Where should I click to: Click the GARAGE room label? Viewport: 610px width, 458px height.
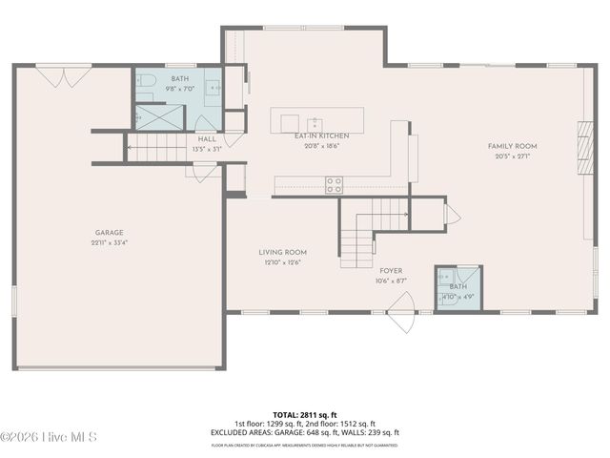(109, 232)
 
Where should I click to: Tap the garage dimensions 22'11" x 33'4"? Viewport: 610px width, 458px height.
(109, 242)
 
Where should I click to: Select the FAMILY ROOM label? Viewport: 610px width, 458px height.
(512, 146)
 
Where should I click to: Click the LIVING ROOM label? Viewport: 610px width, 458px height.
(282, 252)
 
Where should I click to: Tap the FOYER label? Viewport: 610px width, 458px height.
(391, 271)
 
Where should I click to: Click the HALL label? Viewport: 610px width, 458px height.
(207, 139)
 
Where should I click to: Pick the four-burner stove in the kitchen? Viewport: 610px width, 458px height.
(334, 185)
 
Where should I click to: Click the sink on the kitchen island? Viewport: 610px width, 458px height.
(314, 122)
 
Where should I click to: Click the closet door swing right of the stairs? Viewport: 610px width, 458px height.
(452, 214)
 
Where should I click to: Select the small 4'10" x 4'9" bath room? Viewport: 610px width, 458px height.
(458, 288)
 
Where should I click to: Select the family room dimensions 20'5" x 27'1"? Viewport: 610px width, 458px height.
(512, 156)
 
